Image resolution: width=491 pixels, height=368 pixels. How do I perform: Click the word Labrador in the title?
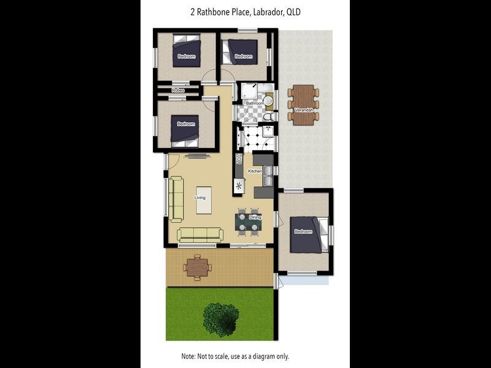[x=265, y=12]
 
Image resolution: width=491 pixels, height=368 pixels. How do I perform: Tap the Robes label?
[x=178, y=90]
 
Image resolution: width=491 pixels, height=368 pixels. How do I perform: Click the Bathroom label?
[x=254, y=104]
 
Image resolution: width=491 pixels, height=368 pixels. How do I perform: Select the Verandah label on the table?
[x=303, y=110]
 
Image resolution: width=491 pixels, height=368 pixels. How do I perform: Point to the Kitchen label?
[x=255, y=171]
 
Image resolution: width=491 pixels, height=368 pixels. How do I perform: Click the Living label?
[x=200, y=197]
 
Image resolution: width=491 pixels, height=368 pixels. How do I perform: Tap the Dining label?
[x=255, y=218]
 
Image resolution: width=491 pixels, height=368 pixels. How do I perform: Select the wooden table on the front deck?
[x=197, y=267]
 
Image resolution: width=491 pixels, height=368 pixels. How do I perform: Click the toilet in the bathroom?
[x=268, y=115]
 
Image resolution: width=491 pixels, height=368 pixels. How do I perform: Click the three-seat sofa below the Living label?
[x=200, y=234]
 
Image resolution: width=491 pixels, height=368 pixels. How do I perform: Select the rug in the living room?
[x=207, y=200]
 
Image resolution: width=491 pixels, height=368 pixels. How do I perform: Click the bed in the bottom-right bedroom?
[x=305, y=234]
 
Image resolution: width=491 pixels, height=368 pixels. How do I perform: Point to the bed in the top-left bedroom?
[x=187, y=50]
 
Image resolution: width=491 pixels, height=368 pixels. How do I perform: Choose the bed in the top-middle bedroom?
[x=242, y=51]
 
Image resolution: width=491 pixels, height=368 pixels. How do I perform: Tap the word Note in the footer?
[x=188, y=356]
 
